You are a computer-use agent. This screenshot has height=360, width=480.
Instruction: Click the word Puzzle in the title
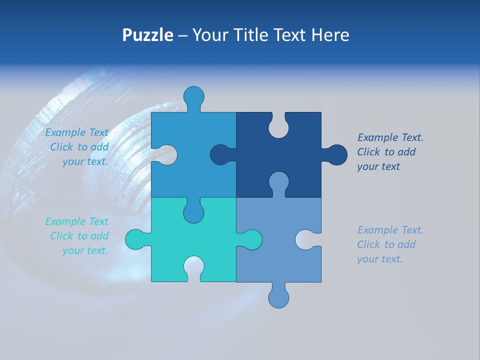(x=147, y=35)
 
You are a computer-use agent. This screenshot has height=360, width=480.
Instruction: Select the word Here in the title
(x=330, y=35)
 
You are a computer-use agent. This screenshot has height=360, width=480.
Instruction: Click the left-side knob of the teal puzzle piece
(x=136, y=239)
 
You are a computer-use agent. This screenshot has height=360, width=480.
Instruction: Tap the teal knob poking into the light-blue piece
(x=251, y=239)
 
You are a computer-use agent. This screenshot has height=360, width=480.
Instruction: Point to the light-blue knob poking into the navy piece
(x=278, y=182)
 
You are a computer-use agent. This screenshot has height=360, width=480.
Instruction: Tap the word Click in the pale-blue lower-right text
(x=368, y=244)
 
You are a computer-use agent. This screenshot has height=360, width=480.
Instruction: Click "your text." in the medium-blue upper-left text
(x=85, y=161)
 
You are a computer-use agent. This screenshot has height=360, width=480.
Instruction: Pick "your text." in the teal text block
(x=85, y=250)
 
